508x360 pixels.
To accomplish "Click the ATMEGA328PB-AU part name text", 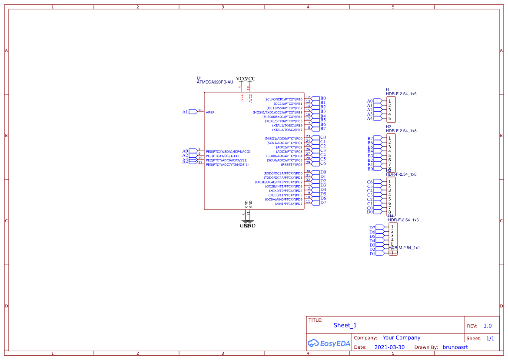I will click(215, 82).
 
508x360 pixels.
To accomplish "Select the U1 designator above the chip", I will click(199, 78).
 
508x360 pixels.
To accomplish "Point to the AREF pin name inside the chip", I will click(210, 112).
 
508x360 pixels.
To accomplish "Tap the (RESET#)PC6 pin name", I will click(292, 165).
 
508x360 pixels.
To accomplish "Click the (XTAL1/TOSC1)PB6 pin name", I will click(287, 125).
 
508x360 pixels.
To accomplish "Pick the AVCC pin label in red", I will click(251, 98).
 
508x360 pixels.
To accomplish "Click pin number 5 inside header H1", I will click(389, 119).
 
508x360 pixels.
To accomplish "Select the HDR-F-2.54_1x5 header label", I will click(401, 94).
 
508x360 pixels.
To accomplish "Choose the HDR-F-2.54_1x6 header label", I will click(403, 220).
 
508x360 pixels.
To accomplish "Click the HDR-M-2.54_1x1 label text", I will click(404, 247).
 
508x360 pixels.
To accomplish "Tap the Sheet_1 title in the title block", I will click(345, 325).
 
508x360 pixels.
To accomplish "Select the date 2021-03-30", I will click(389, 347).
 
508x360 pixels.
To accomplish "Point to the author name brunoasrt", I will click(455, 347).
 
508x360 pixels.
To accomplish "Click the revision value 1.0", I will click(487, 326).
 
